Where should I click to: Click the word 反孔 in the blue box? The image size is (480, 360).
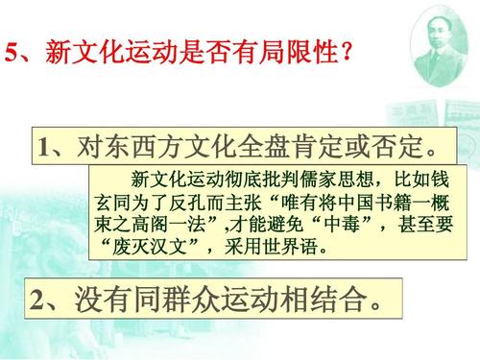(191, 204)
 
